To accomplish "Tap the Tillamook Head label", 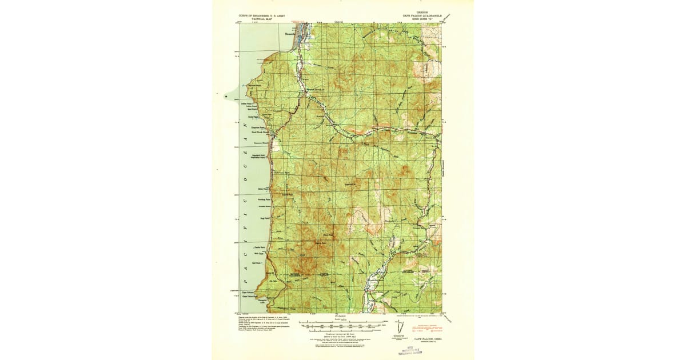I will tap(253, 83).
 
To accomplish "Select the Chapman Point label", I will tap(257, 127).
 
